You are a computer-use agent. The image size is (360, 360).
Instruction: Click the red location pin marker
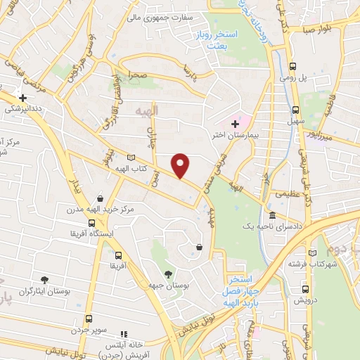point(181,164)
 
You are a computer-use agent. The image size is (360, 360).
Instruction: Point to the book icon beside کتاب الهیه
point(131,158)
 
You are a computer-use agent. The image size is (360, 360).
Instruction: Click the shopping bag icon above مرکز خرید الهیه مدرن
point(102,198)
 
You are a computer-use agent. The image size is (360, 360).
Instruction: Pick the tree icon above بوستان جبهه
point(167,274)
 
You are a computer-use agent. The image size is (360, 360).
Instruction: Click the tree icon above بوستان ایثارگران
point(45,279)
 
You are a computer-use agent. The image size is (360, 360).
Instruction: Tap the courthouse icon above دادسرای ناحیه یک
point(272,215)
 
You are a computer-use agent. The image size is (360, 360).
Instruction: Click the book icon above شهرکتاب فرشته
point(312,252)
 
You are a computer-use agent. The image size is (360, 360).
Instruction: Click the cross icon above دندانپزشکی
point(23,98)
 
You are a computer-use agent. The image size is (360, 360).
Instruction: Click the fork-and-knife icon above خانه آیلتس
point(124,335)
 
